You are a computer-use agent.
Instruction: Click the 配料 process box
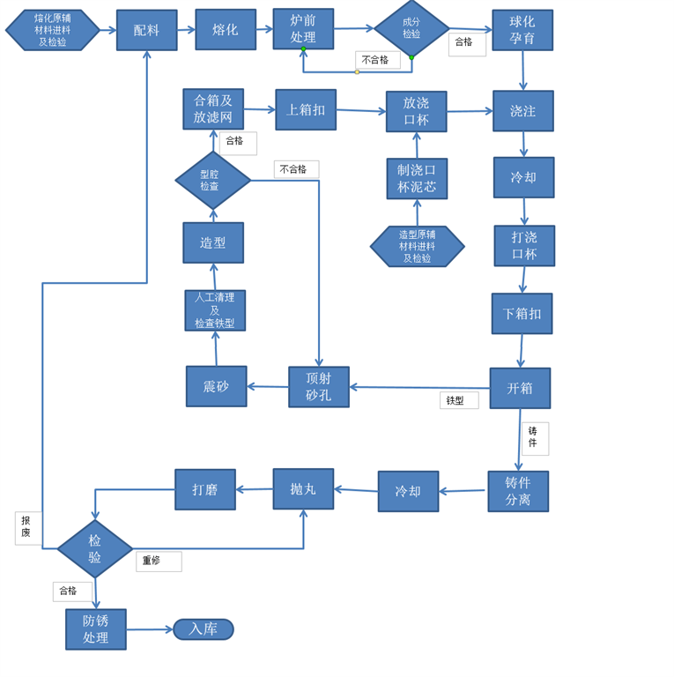[x=146, y=30]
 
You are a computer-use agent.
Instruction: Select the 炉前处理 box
[x=303, y=29]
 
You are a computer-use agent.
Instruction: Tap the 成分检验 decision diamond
[x=411, y=28]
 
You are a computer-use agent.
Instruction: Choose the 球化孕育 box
[x=522, y=30]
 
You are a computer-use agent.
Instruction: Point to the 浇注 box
[x=523, y=111]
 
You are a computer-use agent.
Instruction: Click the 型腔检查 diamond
[x=212, y=180]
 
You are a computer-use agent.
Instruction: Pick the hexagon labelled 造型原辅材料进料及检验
[x=417, y=247]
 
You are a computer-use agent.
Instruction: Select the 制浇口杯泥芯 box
[x=417, y=179]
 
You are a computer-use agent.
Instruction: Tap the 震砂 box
[x=216, y=386]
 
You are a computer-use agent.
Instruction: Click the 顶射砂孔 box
[x=319, y=387]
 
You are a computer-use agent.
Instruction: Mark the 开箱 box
[x=520, y=388]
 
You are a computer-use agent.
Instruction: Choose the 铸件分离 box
[x=518, y=491]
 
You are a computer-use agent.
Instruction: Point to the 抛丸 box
[x=303, y=488]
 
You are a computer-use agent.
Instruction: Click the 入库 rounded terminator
[x=204, y=629]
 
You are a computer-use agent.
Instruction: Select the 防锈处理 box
[x=96, y=629]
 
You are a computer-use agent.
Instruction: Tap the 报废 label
[x=27, y=527]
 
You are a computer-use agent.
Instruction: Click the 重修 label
[x=158, y=562]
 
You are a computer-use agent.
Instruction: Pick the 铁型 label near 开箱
[x=458, y=400]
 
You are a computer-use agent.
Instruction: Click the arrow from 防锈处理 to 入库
[x=150, y=629]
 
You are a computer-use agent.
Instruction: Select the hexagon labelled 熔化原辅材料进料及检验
[x=53, y=30]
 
